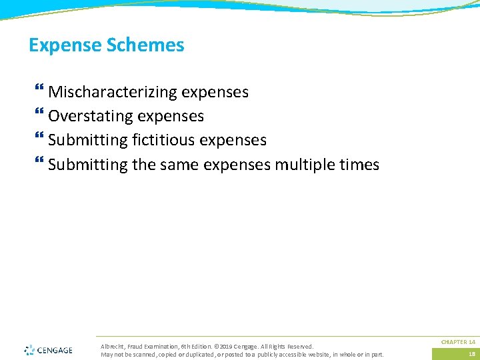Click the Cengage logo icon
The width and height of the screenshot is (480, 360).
point(29,349)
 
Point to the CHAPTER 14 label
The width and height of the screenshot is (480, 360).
point(458,342)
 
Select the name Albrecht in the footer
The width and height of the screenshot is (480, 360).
point(111,347)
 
